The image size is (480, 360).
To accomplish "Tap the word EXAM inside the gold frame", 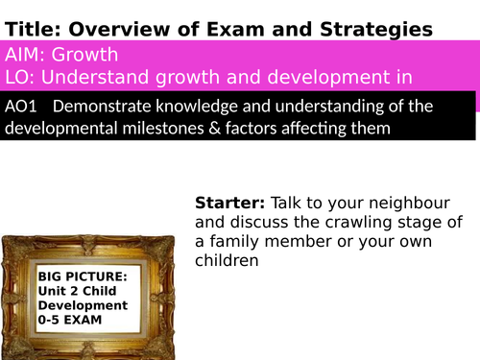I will (94, 320).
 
